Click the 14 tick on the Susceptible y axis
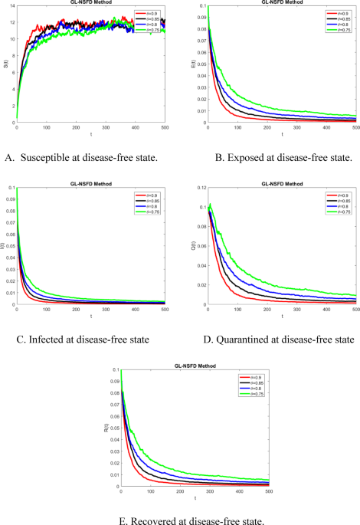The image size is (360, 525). [11, 7]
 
